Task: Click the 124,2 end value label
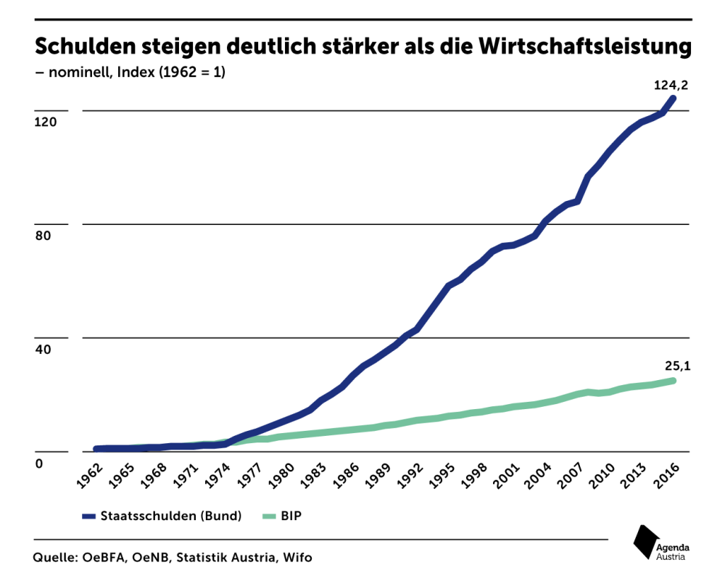click(671, 85)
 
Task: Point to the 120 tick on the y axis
click(45, 122)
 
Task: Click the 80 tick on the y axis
click(42, 236)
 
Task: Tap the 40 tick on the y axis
click(42, 349)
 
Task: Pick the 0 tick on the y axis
click(39, 463)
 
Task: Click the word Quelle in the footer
click(54, 558)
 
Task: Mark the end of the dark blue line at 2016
click(674, 98)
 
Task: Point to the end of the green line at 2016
click(674, 380)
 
